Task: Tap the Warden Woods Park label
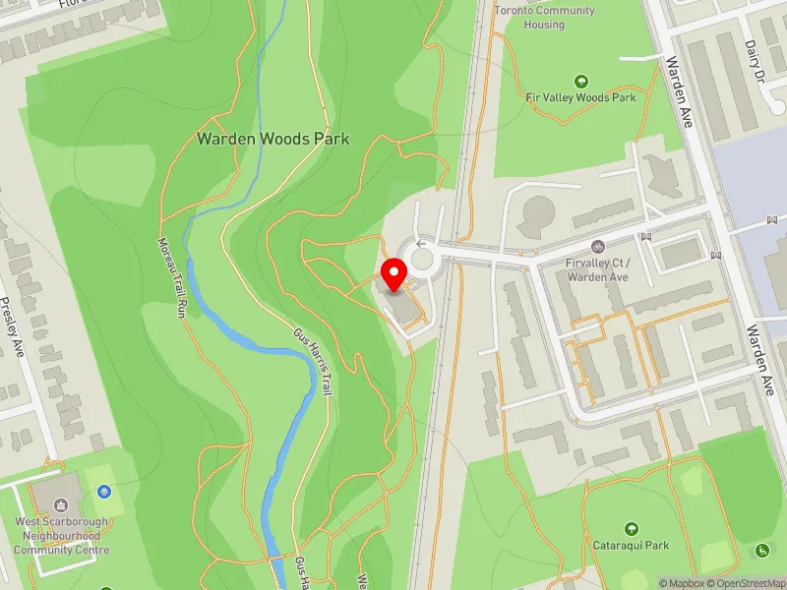tap(272, 139)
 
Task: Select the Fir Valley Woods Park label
tap(580, 97)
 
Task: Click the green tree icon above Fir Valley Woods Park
tap(580, 81)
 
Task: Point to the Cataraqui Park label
tap(631, 545)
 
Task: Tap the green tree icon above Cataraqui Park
tap(631, 528)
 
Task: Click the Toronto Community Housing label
tap(544, 17)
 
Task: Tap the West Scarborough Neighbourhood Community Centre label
tap(62, 536)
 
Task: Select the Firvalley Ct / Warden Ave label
tap(597, 269)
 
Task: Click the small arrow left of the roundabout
tap(421, 244)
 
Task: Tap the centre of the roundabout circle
tap(422, 260)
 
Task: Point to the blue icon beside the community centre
tap(105, 491)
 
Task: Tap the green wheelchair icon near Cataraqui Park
tap(761, 550)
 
